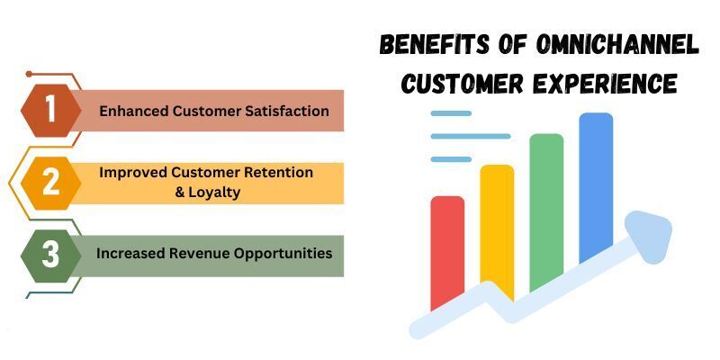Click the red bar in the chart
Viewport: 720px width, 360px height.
coord(447,254)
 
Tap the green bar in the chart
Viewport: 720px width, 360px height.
coord(546,212)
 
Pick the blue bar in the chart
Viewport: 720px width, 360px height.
coord(596,187)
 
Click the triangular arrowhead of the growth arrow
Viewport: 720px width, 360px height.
coord(651,236)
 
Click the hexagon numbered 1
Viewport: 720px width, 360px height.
coord(51,111)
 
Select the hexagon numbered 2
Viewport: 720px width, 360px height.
coord(51,184)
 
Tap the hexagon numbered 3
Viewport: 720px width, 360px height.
coord(51,256)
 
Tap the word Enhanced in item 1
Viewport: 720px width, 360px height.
coord(133,111)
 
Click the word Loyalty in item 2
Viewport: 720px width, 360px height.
coord(214,193)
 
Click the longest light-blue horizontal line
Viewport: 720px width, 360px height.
coord(471,137)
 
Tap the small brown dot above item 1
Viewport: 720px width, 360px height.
coord(29,74)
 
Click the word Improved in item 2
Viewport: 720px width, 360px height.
coord(133,173)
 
